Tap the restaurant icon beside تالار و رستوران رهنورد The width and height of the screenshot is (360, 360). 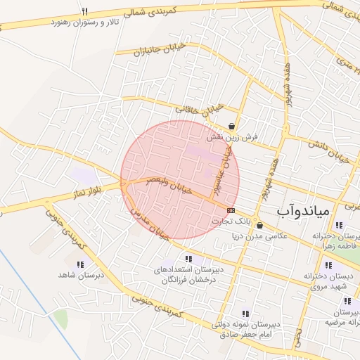[x=85, y=11]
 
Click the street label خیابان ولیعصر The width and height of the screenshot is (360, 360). [x=166, y=186]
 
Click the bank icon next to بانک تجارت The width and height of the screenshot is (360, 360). [x=231, y=210]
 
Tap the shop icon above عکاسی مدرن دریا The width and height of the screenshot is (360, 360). [x=260, y=226]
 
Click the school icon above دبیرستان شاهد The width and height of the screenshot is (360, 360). [x=80, y=264]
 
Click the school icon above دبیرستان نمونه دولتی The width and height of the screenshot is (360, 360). [x=245, y=314]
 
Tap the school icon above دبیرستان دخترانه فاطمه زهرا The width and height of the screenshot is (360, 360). [x=338, y=226]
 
